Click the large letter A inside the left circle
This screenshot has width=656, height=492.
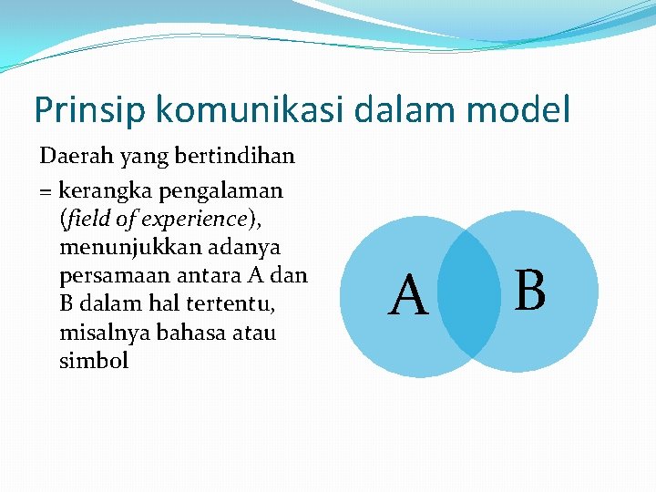coord(408,297)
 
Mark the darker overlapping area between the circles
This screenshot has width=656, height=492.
coord(468,292)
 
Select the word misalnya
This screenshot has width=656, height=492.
coord(100,333)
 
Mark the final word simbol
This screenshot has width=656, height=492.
coord(94,361)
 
